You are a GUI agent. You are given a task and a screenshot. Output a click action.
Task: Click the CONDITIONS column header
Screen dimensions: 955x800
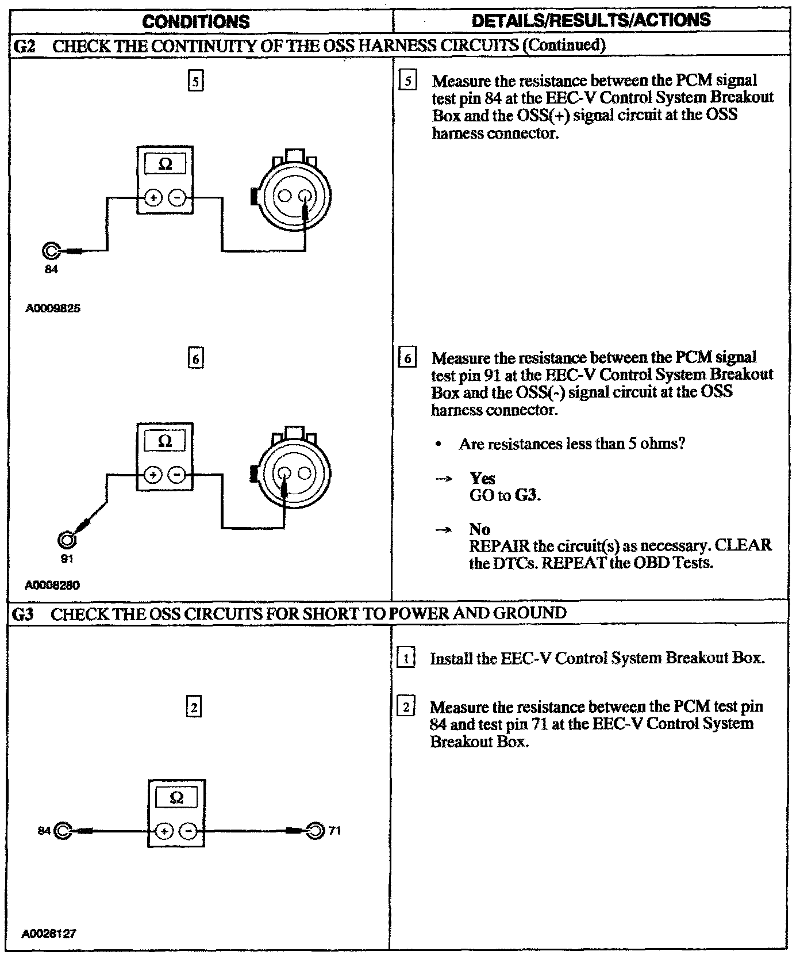[x=196, y=22]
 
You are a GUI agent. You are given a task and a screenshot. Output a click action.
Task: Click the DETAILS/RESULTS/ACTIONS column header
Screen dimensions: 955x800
[x=591, y=21]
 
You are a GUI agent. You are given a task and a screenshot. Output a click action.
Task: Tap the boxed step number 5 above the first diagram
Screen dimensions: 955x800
[x=196, y=82]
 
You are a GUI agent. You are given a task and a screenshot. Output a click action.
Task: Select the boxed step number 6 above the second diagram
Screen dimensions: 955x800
[x=196, y=359]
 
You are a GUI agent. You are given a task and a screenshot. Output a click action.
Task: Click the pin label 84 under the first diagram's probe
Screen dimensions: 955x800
[x=51, y=269]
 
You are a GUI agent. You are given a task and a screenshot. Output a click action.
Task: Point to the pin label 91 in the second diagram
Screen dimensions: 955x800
[x=67, y=558]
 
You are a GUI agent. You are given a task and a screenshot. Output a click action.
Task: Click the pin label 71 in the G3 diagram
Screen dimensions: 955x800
[x=334, y=830]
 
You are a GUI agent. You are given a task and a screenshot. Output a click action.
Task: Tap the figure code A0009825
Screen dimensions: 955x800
[x=53, y=308]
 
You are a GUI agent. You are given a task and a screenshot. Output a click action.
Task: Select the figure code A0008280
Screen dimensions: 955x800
[x=52, y=585]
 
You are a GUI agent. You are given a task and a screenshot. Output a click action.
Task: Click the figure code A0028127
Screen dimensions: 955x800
[x=49, y=934]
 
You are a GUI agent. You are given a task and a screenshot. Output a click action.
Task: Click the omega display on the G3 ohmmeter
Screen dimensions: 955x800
[x=177, y=798]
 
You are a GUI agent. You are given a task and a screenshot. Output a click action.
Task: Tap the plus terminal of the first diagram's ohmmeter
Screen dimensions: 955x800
[x=153, y=197]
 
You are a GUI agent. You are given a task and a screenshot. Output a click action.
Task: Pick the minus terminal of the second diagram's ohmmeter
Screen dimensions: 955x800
[x=178, y=475]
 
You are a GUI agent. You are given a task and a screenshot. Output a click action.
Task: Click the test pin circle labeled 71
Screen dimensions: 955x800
[x=315, y=831]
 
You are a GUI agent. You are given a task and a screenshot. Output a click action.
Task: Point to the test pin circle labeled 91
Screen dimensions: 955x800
[x=67, y=540]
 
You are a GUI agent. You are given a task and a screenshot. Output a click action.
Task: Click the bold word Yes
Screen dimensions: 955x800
[x=482, y=478]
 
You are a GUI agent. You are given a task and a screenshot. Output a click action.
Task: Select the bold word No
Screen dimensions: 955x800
[x=479, y=529]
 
